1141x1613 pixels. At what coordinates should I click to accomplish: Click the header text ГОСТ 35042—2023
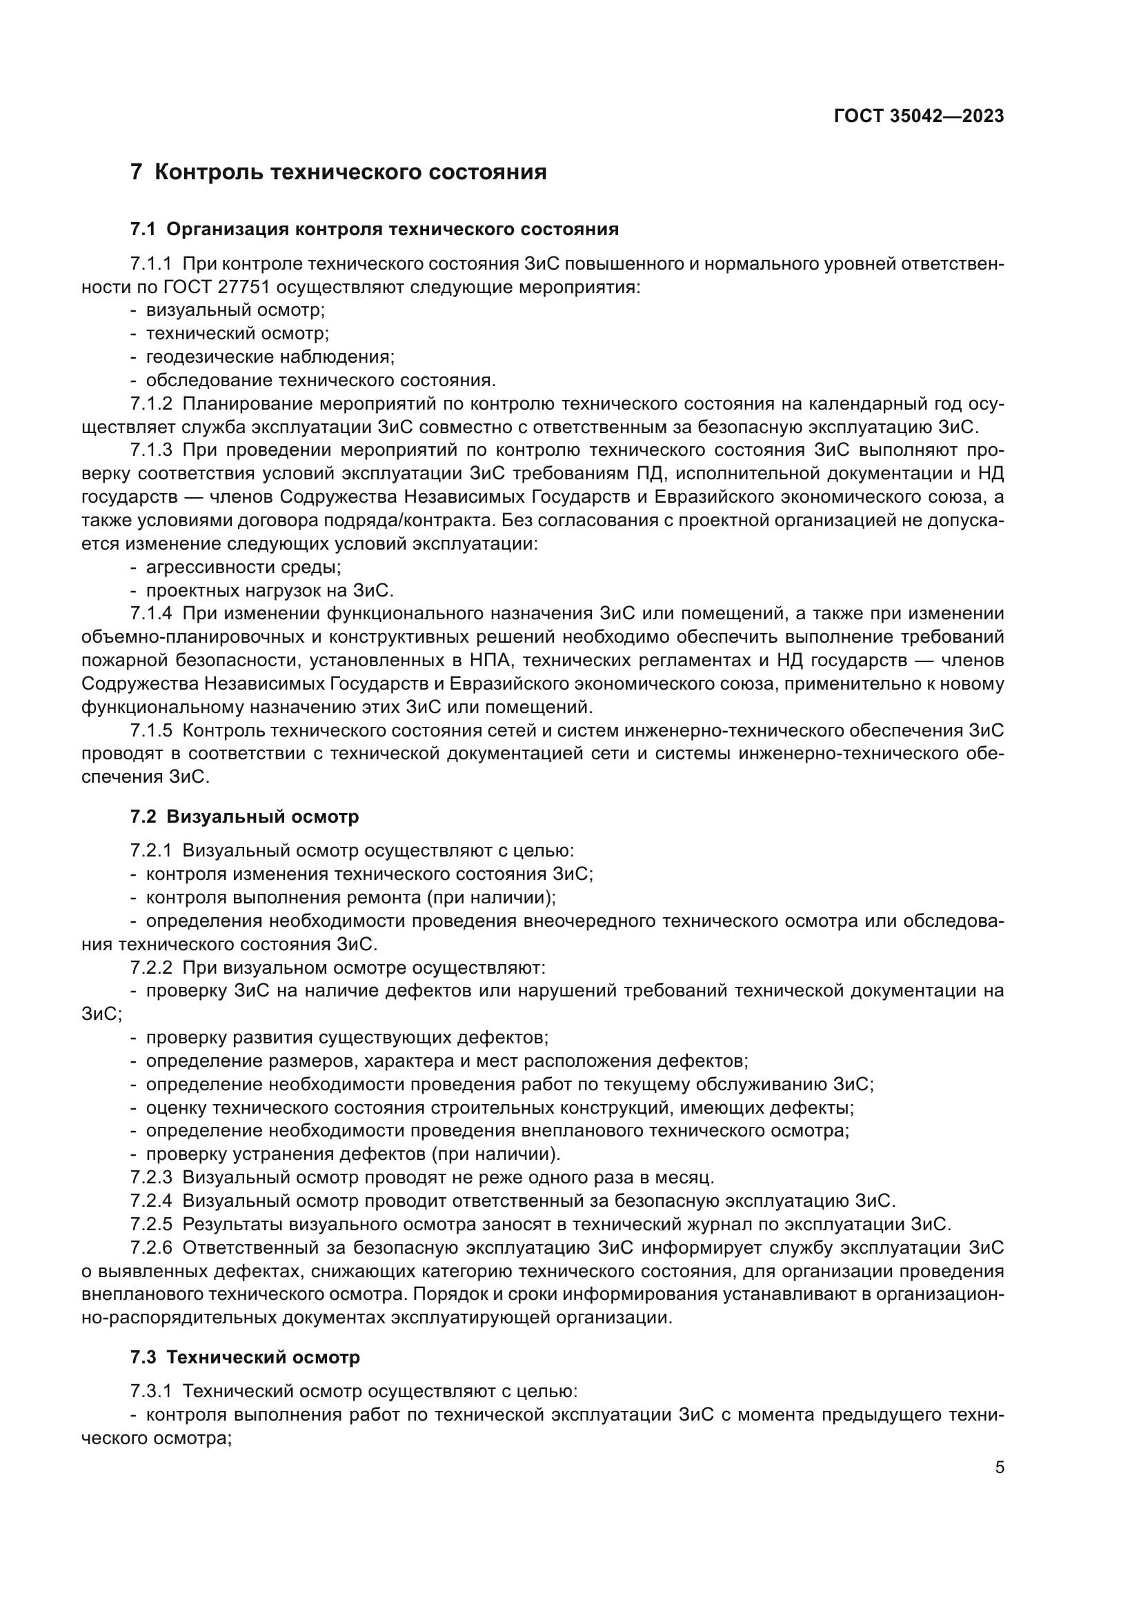918,117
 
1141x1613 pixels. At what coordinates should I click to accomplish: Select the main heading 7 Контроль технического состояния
338,172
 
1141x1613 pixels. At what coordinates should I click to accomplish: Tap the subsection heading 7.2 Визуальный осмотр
244,816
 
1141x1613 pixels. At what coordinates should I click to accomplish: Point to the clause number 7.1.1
150,264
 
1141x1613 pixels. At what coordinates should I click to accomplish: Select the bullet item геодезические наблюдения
270,357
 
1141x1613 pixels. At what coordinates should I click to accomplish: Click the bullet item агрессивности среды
243,567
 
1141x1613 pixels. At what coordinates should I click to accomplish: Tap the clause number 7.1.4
150,613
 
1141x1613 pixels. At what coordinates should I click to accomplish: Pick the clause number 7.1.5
150,730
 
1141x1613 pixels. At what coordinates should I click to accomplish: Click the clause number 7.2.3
150,1176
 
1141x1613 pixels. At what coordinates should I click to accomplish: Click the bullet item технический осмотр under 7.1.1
237,334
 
